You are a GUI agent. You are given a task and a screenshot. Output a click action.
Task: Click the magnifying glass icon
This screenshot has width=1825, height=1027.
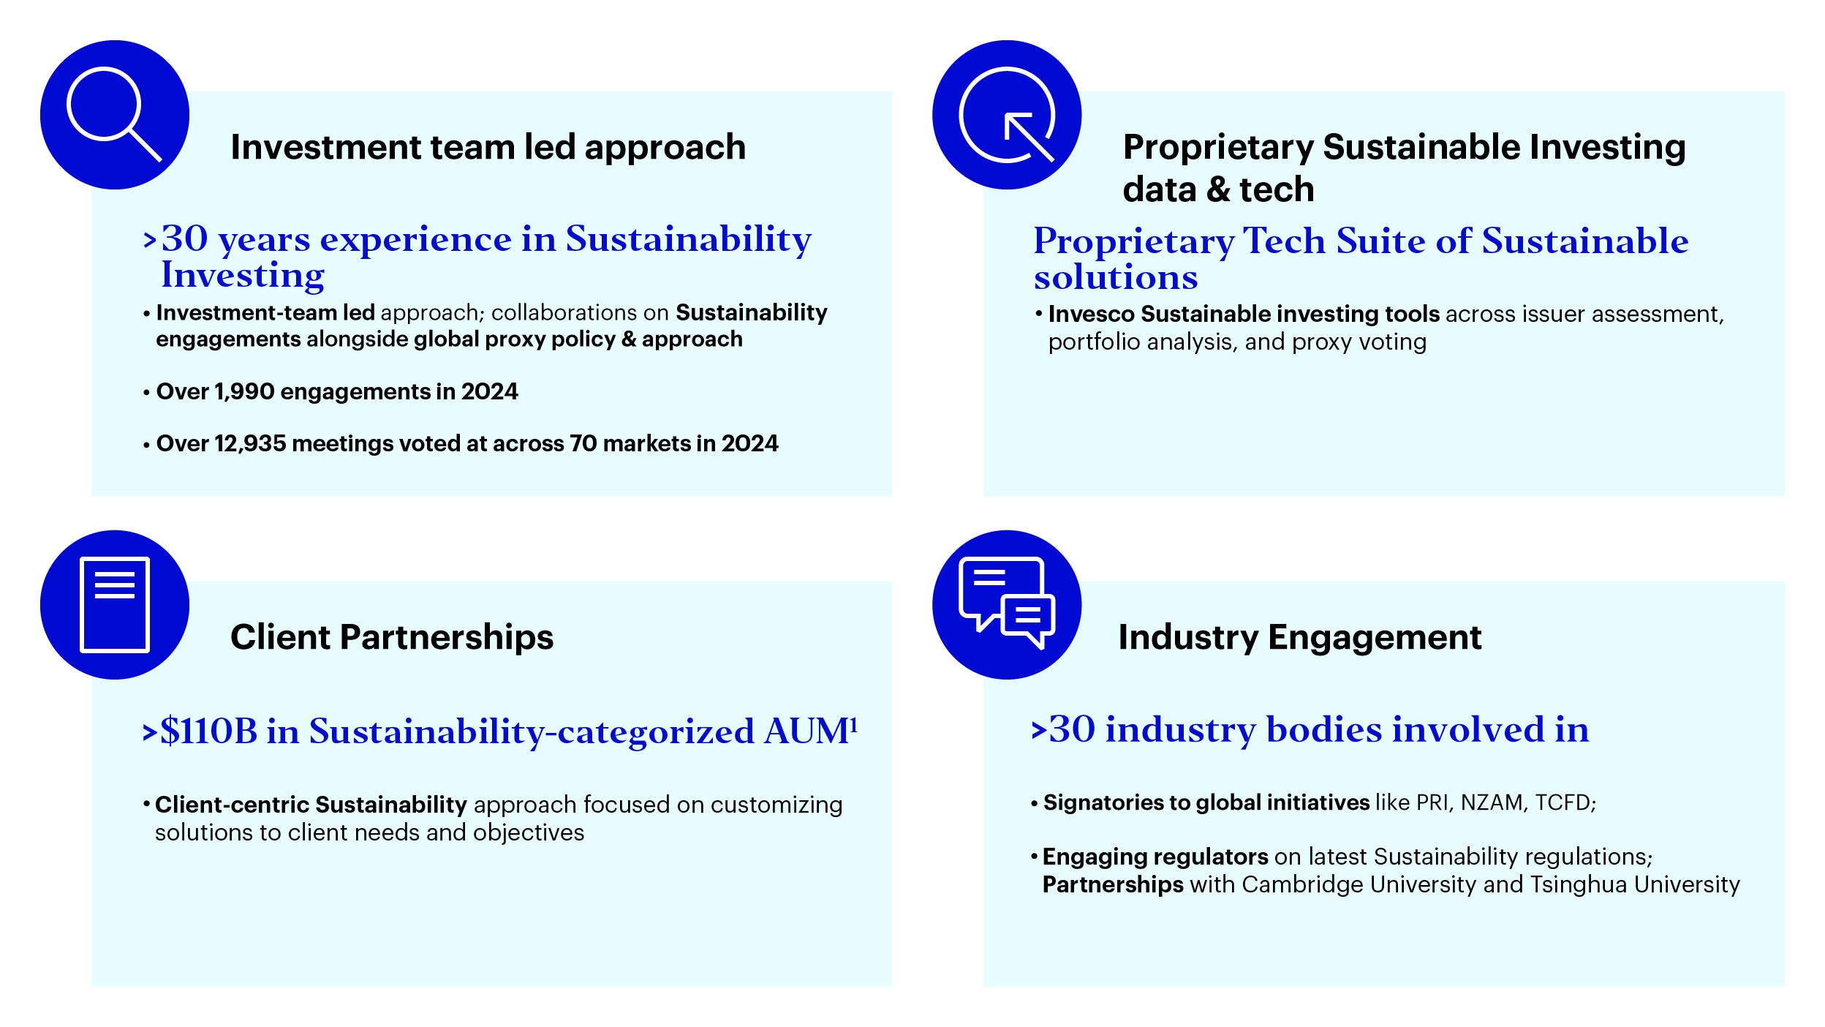click(114, 114)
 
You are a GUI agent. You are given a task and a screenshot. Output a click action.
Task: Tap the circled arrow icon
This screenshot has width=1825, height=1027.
click(1007, 114)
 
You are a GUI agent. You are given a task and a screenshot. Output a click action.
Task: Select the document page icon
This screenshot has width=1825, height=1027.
click(114, 604)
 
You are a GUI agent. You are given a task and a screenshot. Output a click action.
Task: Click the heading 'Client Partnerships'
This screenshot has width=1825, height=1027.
click(392, 637)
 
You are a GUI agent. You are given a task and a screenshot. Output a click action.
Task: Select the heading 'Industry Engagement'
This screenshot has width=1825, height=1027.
click(1300, 637)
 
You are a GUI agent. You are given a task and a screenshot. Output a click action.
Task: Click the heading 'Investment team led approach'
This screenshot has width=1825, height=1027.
click(488, 147)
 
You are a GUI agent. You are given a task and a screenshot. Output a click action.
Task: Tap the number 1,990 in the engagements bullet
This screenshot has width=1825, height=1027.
click(244, 392)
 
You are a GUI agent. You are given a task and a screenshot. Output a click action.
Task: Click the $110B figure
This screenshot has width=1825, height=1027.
click(209, 731)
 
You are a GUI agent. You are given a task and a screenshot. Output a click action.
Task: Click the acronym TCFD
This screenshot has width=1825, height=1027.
click(1564, 803)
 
